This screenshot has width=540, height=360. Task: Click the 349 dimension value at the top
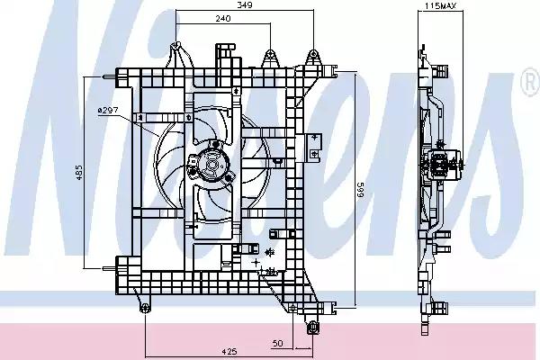click(x=245, y=4)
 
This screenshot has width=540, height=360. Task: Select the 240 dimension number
click(x=223, y=19)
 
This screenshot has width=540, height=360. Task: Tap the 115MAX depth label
click(x=440, y=5)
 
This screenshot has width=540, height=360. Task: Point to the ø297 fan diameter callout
click(x=108, y=110)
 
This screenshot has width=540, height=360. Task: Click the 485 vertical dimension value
click(x=79, y=173)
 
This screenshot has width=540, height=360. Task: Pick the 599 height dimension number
click(x=360, y=190)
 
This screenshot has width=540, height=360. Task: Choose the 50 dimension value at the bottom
click(x=277, y=343)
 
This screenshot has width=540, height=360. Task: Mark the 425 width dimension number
click(x=229, y=352)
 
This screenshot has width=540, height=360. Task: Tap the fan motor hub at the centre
click(x=211, y=165)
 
